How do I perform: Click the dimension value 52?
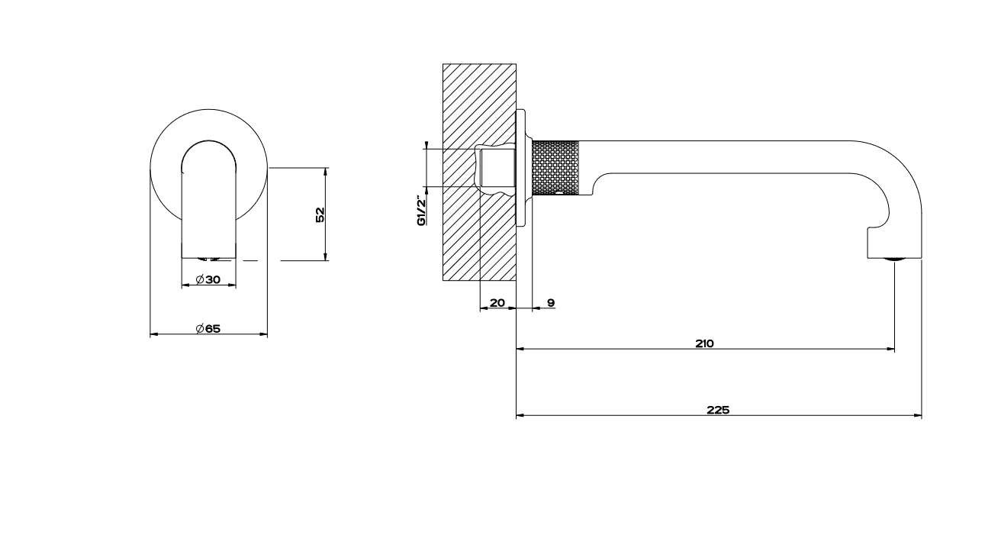(x=320, y=214)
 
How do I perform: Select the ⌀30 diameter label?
(x=208, y=279)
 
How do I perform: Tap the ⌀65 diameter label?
(x=208, y=329)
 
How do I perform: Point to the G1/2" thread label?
(x=422, y=212)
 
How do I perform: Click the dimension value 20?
(x=497, y=303)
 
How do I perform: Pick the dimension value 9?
(x=551, y=303)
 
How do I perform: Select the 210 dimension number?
(x=704, y=343)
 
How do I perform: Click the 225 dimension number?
(x=718, y=410)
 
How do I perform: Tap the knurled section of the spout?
(x=555, y=168)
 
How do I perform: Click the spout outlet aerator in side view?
(x=894, y=259)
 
